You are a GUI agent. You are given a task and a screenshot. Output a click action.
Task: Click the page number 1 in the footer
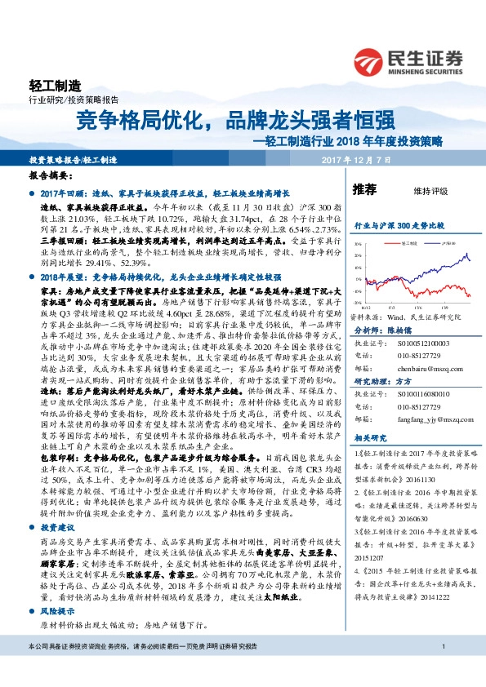tap(442, 670)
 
